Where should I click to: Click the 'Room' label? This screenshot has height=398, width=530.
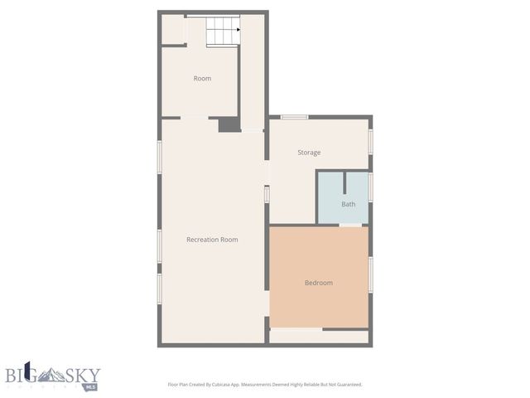(202, 79)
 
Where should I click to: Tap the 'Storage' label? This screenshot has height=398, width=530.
(309, 153)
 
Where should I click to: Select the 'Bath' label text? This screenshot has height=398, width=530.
(349, 204)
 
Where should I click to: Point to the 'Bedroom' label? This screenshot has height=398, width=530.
(318, 283)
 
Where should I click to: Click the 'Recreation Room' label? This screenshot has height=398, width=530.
(212, 240)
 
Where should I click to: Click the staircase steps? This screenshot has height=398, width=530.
(222, 32)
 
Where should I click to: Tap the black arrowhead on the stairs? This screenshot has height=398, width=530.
(238, 30)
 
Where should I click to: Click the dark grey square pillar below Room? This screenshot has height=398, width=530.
(229, 124)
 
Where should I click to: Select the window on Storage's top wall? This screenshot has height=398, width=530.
(294, 117)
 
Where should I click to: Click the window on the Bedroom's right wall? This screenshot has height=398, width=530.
(370, 274)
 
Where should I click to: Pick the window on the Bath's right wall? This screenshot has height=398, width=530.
(370, 187)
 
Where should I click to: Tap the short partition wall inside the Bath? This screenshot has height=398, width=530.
(344, 184)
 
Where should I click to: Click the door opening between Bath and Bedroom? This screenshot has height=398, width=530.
(350, 225)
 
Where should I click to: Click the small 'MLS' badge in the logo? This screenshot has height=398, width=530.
(90, 386)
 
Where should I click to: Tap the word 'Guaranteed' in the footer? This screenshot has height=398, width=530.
(347, 385)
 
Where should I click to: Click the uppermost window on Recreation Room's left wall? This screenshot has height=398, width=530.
(159, 157)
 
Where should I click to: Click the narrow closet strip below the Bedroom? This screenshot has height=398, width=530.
(319, 337)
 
